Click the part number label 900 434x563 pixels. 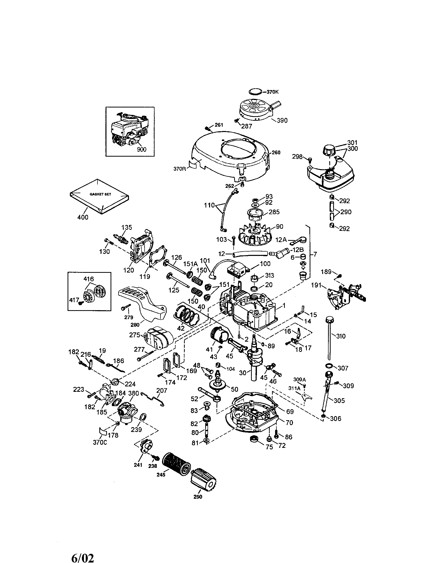pyautogui.click(x=142, y=149)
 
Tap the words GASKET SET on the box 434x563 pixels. pyautogui.click(x=100, y=194)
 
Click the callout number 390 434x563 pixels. pyautogui.click(x=282, y=120)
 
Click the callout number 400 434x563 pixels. pyautogui.click(x=83, y=217)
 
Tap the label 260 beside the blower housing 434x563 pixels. pyautogui.click(x=276, y=152)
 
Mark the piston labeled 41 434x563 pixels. pyautogui.click(x=220, y=334)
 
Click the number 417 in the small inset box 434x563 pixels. pyautogui.click(x=74, y=300)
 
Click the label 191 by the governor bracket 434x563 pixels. pyautogui.click(x=316, y=285)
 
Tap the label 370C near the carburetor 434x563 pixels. pyautogui.click(x=100, y=442)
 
